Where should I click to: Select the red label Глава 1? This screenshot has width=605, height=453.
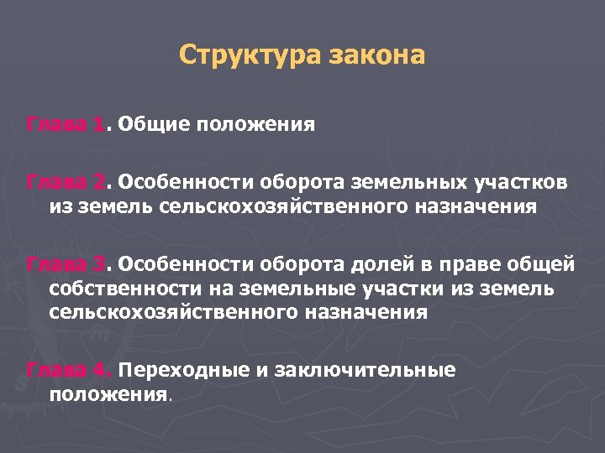pyautogui.click(x=66, y=126)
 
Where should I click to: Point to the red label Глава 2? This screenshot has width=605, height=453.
pyautogui.click(x=66, y=183)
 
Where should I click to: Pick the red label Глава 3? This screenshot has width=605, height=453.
pyautogui.click(x=66, y=265)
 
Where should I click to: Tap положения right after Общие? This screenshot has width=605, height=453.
pyautogui.click(x=255, y=126)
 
